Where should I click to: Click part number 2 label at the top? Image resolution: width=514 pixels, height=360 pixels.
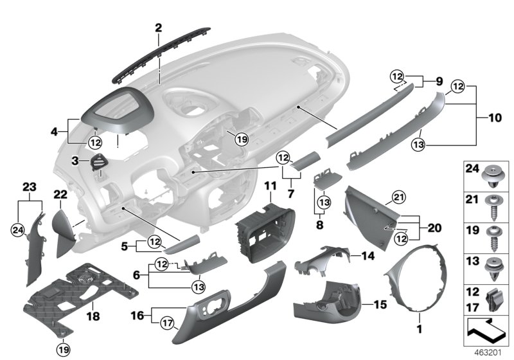tap(158, 27)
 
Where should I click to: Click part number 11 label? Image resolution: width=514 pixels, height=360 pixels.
tap(269, 186)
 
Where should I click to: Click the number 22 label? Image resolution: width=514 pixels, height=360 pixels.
tap(60, 194)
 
